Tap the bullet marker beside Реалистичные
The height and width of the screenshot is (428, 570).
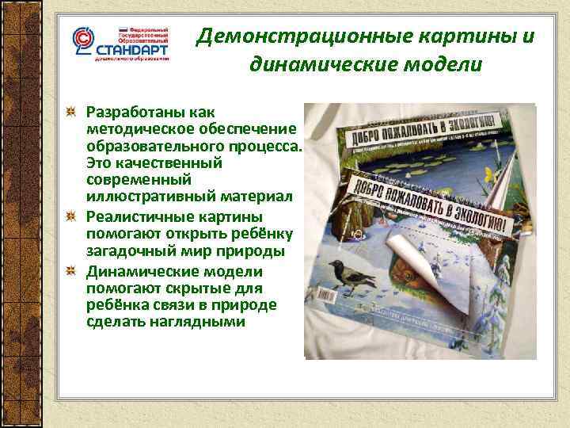coord(71,216)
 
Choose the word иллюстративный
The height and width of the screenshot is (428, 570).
coord(140,196)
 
